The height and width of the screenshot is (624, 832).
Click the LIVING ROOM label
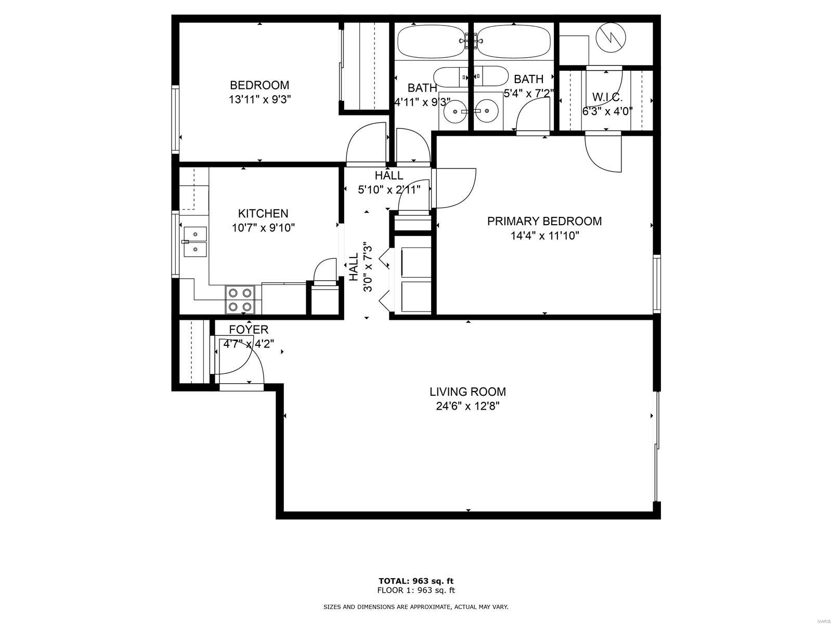(x=467, y=392)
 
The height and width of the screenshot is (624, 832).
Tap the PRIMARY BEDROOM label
(x=544, y=221)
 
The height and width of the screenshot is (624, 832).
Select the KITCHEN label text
(x=263, y=213)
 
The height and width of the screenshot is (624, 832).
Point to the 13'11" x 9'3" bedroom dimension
(x=259, y=100)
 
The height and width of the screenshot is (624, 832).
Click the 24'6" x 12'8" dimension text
(x=467, y=406)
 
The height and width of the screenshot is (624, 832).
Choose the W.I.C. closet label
(x=607, y=97)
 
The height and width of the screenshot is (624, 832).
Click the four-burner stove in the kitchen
(x=240, y=300)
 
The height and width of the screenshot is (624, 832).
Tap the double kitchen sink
(x=195, y=242)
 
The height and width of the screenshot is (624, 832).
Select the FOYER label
(x=249, y=329)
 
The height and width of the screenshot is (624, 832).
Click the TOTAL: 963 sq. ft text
(x=416, y=581)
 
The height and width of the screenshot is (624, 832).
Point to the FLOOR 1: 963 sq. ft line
(x=416, y=590)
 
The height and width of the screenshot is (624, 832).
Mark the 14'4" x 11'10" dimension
(x=544, y=236)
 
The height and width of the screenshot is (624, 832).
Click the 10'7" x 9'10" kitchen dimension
(x=264, y=228)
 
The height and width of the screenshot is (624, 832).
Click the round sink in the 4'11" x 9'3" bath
(x=453, y=111)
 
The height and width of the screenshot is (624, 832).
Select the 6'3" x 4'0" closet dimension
(x=607, y=111)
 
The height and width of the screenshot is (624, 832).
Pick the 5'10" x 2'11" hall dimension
(x=389, y=189)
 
